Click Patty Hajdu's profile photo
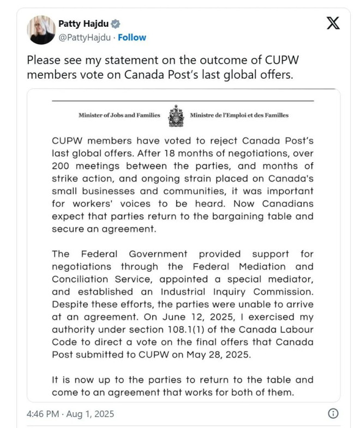pos(41,30)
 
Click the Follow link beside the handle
pos(132,38)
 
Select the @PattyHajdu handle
pos(84,38)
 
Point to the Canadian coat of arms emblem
pos(176,115)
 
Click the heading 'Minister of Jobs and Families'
pos(119,115)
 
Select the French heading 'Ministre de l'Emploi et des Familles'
pos(239,115)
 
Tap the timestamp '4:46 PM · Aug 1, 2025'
pos(70,413)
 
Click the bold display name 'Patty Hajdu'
pos(83,24)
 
